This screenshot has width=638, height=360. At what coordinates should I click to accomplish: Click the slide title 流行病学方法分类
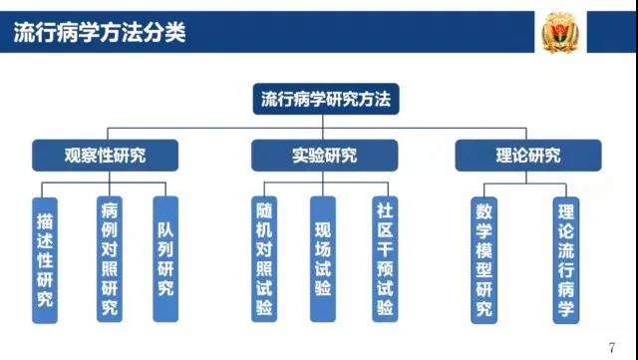(x=100, y=32)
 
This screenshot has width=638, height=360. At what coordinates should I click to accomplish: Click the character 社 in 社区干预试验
(x=385, y=210)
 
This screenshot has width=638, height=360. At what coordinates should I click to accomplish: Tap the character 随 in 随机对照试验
(x=263, y=210)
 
